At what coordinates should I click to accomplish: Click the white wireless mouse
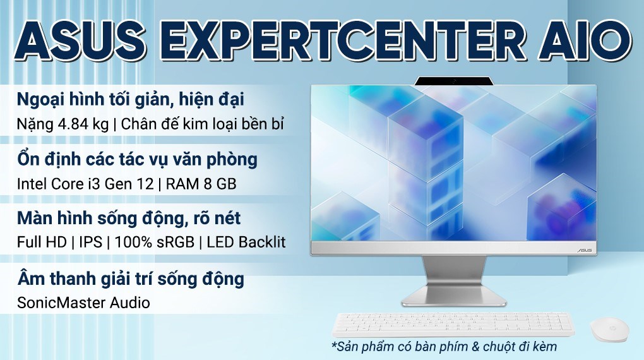click(x=609, y=330)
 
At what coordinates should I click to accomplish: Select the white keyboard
click(x=453, y=324)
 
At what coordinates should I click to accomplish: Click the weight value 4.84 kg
click(x=78, y=124)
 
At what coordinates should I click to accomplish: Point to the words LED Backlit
click(x=244, y=243)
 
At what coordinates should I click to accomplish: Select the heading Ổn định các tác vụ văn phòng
click(x=137, y=160)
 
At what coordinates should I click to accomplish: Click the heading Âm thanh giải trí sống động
click(x=130, y=279)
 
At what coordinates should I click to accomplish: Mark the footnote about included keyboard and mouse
click(x=443, y=347)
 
